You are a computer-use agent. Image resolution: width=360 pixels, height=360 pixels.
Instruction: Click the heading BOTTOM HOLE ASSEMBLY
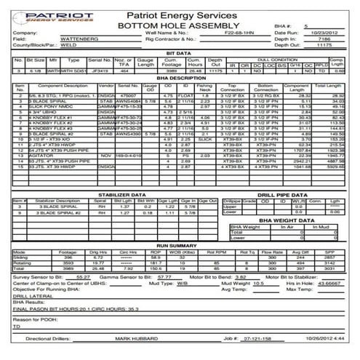click(x=180, y=24)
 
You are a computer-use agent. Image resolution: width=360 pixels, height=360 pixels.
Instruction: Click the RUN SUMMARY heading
click(x=180, y=247)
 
